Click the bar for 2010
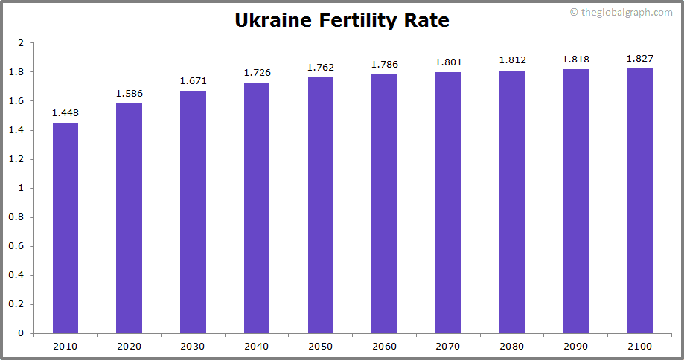click(x=65, y=228)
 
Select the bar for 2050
click(x=321, y=205)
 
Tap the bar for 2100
click(x=639, y=201)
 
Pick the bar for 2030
click(x=194, y=212)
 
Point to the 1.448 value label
click(x=65, y=113)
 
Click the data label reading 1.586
click(x=129, y=94)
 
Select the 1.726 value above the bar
click(x=257, y=73)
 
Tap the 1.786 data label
click(x=385, y=65)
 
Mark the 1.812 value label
click(x=512, y=61)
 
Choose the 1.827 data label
click(x=639, y=59)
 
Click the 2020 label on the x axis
click(x=129, y=347)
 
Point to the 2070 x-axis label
click(x=448, y=347)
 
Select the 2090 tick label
click(x=575, y=347)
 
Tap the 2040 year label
click(x=257, y=347)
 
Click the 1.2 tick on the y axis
click(x=18, y=159)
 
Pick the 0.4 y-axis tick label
click(x=18, y=275)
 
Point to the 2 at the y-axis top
click(x=22, y=43)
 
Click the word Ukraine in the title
click(x=274, y=20)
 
